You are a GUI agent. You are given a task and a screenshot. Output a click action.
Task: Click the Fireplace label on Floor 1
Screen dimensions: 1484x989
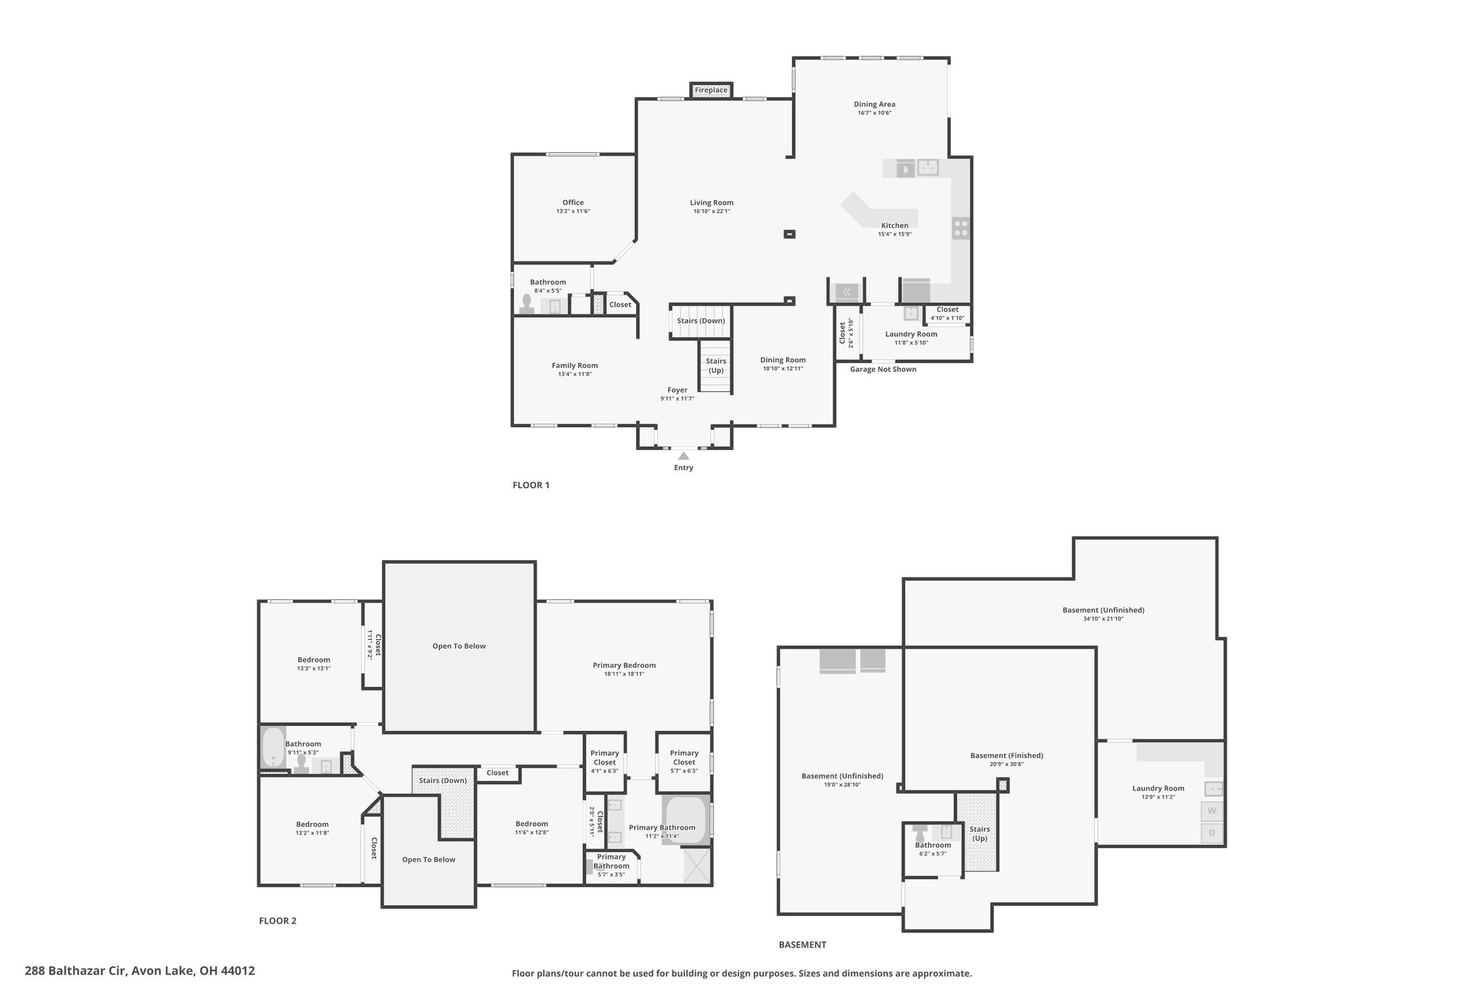711,90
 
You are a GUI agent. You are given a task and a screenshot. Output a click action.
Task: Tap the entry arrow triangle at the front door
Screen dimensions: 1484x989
683,456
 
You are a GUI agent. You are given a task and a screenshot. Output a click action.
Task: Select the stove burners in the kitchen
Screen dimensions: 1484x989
961,228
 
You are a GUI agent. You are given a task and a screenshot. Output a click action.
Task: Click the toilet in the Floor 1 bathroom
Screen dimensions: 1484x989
527,304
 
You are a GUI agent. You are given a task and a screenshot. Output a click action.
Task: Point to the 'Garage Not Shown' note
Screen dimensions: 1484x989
883,370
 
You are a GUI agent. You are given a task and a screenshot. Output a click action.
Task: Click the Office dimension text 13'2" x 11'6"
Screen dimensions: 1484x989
573,212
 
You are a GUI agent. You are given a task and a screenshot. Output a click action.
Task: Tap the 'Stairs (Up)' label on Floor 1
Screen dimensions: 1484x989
716,366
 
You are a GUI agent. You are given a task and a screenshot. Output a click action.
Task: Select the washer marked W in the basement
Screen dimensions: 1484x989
1212,811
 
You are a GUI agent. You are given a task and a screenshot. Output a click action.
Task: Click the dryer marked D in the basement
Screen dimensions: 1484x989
1212,833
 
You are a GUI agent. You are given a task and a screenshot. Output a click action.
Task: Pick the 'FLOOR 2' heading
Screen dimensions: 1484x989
278,921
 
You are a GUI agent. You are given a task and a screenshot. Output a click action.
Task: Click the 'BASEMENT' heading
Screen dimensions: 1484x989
802,944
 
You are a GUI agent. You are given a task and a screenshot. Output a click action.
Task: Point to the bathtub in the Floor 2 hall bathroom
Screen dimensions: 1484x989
272,748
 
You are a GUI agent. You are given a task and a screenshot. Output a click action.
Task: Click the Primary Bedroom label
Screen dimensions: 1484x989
624,665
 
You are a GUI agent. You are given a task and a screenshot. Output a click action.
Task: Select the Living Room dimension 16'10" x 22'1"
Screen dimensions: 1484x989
712,212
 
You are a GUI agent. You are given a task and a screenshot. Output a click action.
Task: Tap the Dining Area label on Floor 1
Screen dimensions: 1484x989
874,104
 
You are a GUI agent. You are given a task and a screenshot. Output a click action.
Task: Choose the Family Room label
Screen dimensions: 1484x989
575,365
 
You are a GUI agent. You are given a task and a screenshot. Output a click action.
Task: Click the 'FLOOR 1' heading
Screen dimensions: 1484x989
531,485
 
